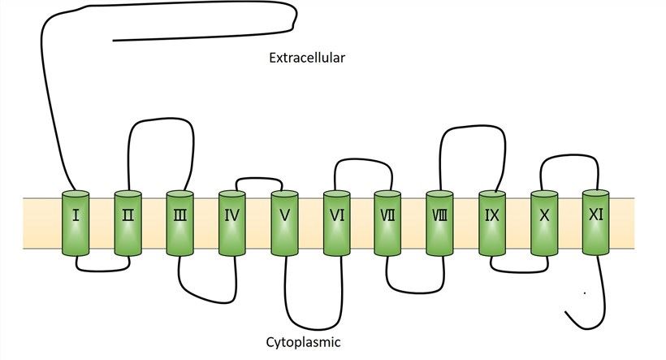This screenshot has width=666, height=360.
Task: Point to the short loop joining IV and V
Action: click(258, 177)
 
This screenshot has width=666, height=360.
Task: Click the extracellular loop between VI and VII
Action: click(361, 159)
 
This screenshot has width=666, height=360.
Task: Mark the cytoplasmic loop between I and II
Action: click(102, 269)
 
